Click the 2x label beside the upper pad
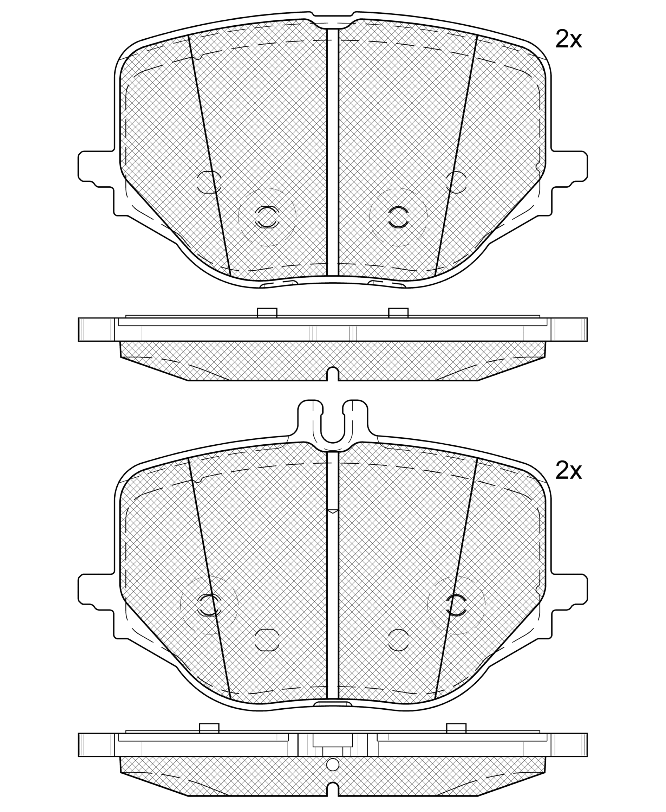coord(569,39)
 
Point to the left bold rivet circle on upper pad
coord(267,217)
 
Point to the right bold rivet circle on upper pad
coord(398,217)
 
